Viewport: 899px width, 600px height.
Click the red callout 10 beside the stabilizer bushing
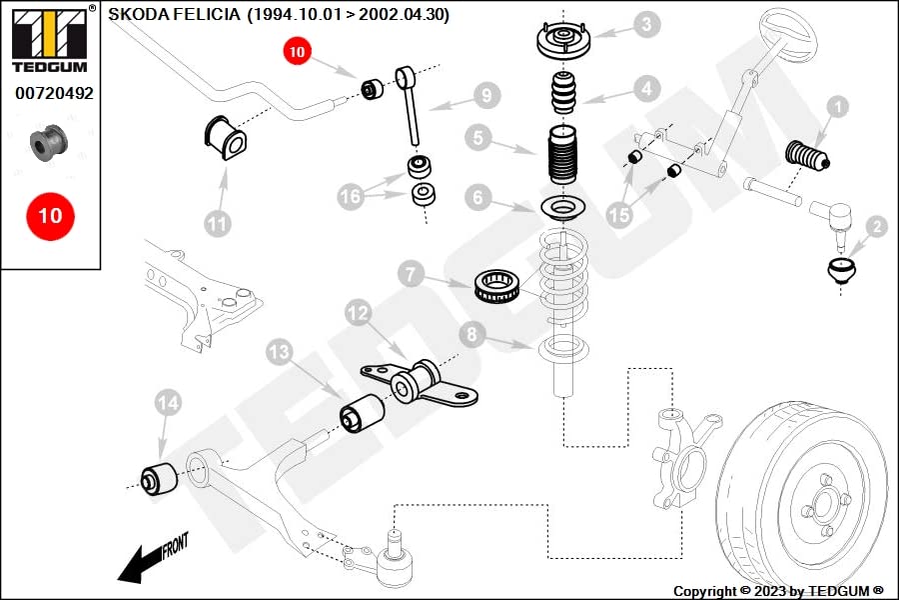[x=297, y=51]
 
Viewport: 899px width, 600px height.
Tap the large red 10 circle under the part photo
[x=51, y=216]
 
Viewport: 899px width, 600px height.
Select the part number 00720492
[x=54, y=93]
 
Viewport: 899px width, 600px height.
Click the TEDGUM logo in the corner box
[x=51, y=39]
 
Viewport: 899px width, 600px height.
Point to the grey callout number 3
[x=646, y=24]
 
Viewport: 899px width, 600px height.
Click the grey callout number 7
[x=412, y=274]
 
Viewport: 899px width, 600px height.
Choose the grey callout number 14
[x=169, y=403]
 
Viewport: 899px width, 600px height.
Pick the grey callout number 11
[x=218, y=223]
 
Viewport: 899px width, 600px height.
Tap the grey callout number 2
[x=877, y=227]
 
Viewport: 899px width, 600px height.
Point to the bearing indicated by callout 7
[x=497, y=285]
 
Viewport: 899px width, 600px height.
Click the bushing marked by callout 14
[x=159, y=479]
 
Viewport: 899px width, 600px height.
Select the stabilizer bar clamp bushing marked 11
[x=226, y=138]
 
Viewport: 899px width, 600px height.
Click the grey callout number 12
[x=359, y=313]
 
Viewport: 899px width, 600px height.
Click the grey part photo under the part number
[x=49, y=142]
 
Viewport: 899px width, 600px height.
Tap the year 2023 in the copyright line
[x=770, y=591]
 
